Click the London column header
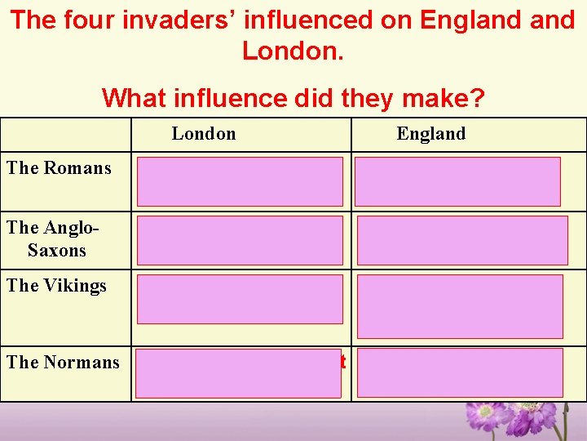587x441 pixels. (x=204, y=134)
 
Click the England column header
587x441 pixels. (x=430, y=134)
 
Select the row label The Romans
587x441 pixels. (x=59, y=168)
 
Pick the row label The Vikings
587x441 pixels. (x=57, y=286)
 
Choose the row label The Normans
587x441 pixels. (x=63, y=362)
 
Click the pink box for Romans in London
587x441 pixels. (x=240, y=181)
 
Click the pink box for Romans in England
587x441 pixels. (x=457, y=181)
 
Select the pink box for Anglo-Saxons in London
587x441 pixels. (x=240, y=240)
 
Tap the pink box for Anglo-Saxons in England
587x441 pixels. (x=461, y=240)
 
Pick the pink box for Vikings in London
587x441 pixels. (x=240, y=300)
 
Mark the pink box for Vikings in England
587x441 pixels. (x=459, y=306)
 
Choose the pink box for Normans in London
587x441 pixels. (x=238, y=373)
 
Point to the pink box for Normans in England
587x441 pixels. (x=459, y=373)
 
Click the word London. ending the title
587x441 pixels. (x=293, y=52)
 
